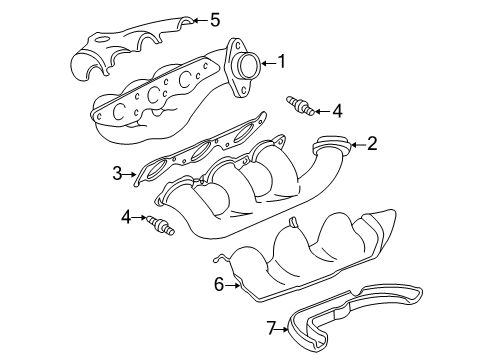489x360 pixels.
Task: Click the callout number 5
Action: [214, 18]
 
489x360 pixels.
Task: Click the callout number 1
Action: [281, 62]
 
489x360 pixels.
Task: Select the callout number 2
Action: [371, 144]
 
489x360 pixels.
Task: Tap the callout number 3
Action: [117, 174]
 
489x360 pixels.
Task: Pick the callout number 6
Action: [218, 285]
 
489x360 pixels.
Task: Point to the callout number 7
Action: [271, 326]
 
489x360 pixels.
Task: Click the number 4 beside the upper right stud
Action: [337, 110]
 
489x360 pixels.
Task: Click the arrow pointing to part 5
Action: [197, 19]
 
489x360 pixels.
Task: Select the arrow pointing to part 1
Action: [266, 63]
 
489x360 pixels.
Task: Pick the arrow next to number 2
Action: [355, 145]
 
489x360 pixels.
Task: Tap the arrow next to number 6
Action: [233, 285]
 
